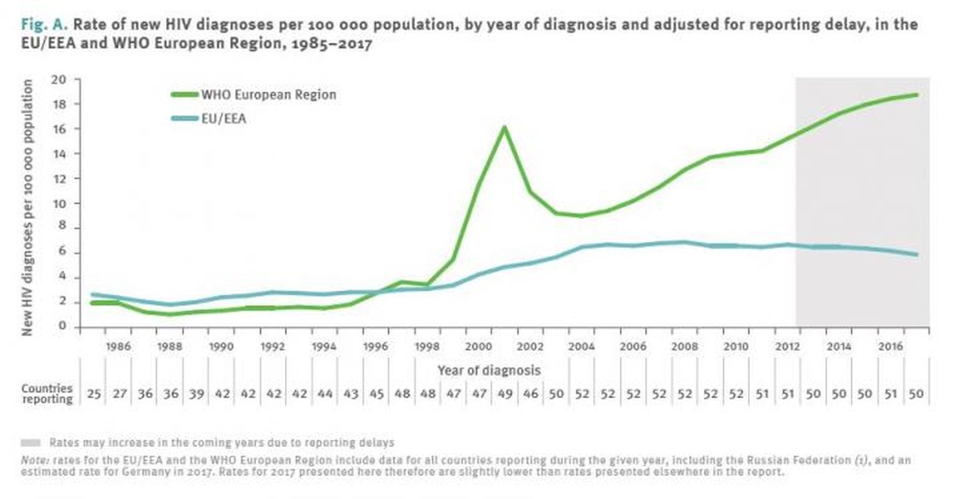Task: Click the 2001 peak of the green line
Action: pyautogui.click(x=504, y=128)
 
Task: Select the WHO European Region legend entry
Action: pyautogui.click(x=268, y=95)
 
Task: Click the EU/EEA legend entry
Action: pyautogui.click(x=223, y=118)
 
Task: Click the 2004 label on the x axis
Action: pyautogui.click(x=581, y=347)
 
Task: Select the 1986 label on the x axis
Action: pyautogui.click(x=118, y=347)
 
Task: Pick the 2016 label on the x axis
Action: pyautogui.click(x=890, y=347)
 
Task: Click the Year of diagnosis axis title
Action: pyautogui.click(x=489, y=370)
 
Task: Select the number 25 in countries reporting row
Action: pyautogui.click(x=94, y=394)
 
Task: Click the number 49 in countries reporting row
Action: pyautogui.click(x=504, y=394)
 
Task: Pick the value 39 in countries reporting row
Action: pyautogui.click(x=197, y=394)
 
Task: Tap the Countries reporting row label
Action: pyautogui.click(x=47, y=394)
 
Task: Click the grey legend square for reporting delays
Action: pyautogui.click(x=31, y=443)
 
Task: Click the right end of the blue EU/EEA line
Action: pyautogui.click(x=916, y=254)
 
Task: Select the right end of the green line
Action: pyautogui.click(x=916, y=95)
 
